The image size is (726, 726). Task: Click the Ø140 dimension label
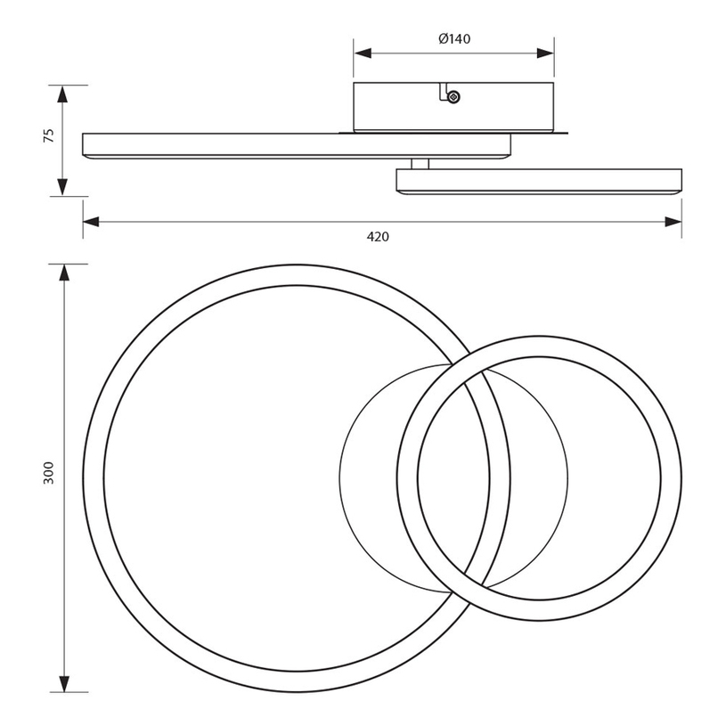(454, 39)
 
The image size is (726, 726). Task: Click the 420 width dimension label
(378, 237)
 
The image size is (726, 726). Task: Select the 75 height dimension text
(49, 135)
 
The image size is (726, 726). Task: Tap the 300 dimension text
(49, 473)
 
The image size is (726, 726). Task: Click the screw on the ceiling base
(453, 96)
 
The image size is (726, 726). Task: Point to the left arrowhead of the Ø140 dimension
(363, 53)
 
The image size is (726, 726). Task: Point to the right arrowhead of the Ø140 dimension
(545, 53)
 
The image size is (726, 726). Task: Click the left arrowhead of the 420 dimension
(91, 222)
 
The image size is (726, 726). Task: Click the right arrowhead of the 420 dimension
(673, 222)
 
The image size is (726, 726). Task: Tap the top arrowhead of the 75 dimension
(62, 94)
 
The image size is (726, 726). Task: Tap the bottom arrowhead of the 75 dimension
(62, 187)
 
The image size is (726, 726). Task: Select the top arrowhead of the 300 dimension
(64, 273)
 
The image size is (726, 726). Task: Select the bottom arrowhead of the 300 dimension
(64, 683)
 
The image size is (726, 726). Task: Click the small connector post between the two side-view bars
(420, 164)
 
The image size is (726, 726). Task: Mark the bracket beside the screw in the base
(444, 91)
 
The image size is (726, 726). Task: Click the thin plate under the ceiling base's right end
(560, 133)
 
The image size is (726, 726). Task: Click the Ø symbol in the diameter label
(443, 39)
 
